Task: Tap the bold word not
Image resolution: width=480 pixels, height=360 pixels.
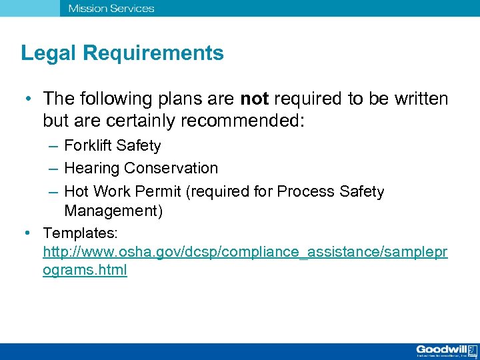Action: coord(254,99)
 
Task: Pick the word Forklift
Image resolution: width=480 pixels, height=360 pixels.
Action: coord(87,145)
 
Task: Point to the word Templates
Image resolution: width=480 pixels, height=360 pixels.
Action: coord(80,233)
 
